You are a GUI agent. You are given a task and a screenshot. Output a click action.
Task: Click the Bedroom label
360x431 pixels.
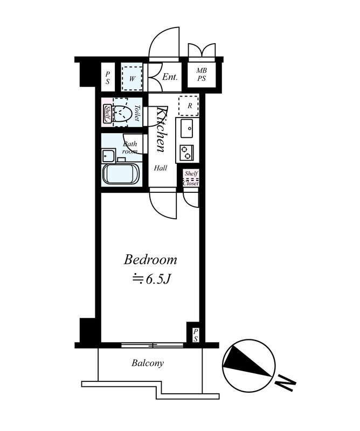(x=150, y=260)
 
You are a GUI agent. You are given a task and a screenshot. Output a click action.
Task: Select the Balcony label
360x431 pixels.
(x=148, y=363)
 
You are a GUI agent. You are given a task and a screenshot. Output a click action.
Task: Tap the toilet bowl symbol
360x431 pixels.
(x=122, y=113)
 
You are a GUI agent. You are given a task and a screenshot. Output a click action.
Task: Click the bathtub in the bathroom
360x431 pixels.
(x=121, y=175)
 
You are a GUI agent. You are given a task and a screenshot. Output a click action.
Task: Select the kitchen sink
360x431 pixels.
(x=188, y=128)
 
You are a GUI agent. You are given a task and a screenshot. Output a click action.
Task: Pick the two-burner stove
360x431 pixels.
(x=187, y=152)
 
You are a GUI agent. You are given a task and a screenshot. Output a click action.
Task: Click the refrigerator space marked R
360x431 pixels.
(x=189, y=106)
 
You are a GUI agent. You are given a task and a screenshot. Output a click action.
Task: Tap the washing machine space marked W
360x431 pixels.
(x=132, y=78)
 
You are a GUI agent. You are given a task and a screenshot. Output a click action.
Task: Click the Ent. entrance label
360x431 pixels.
(x=170, y=77)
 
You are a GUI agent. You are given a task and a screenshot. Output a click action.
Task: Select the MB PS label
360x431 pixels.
(x=202, y=74)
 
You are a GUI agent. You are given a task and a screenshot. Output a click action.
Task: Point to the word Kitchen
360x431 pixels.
(x=162, y=129)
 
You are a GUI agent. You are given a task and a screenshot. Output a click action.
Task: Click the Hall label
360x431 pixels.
(x=161, y=168)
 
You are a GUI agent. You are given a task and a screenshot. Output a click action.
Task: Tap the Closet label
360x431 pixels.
(x=191, y=183)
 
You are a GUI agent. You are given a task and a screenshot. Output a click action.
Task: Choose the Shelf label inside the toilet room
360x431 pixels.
(x=107, y=114)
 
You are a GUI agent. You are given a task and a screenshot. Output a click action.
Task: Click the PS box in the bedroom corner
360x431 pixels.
(x=195, y=335)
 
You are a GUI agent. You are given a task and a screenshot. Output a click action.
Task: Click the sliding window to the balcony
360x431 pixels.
(x=153, y=345)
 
